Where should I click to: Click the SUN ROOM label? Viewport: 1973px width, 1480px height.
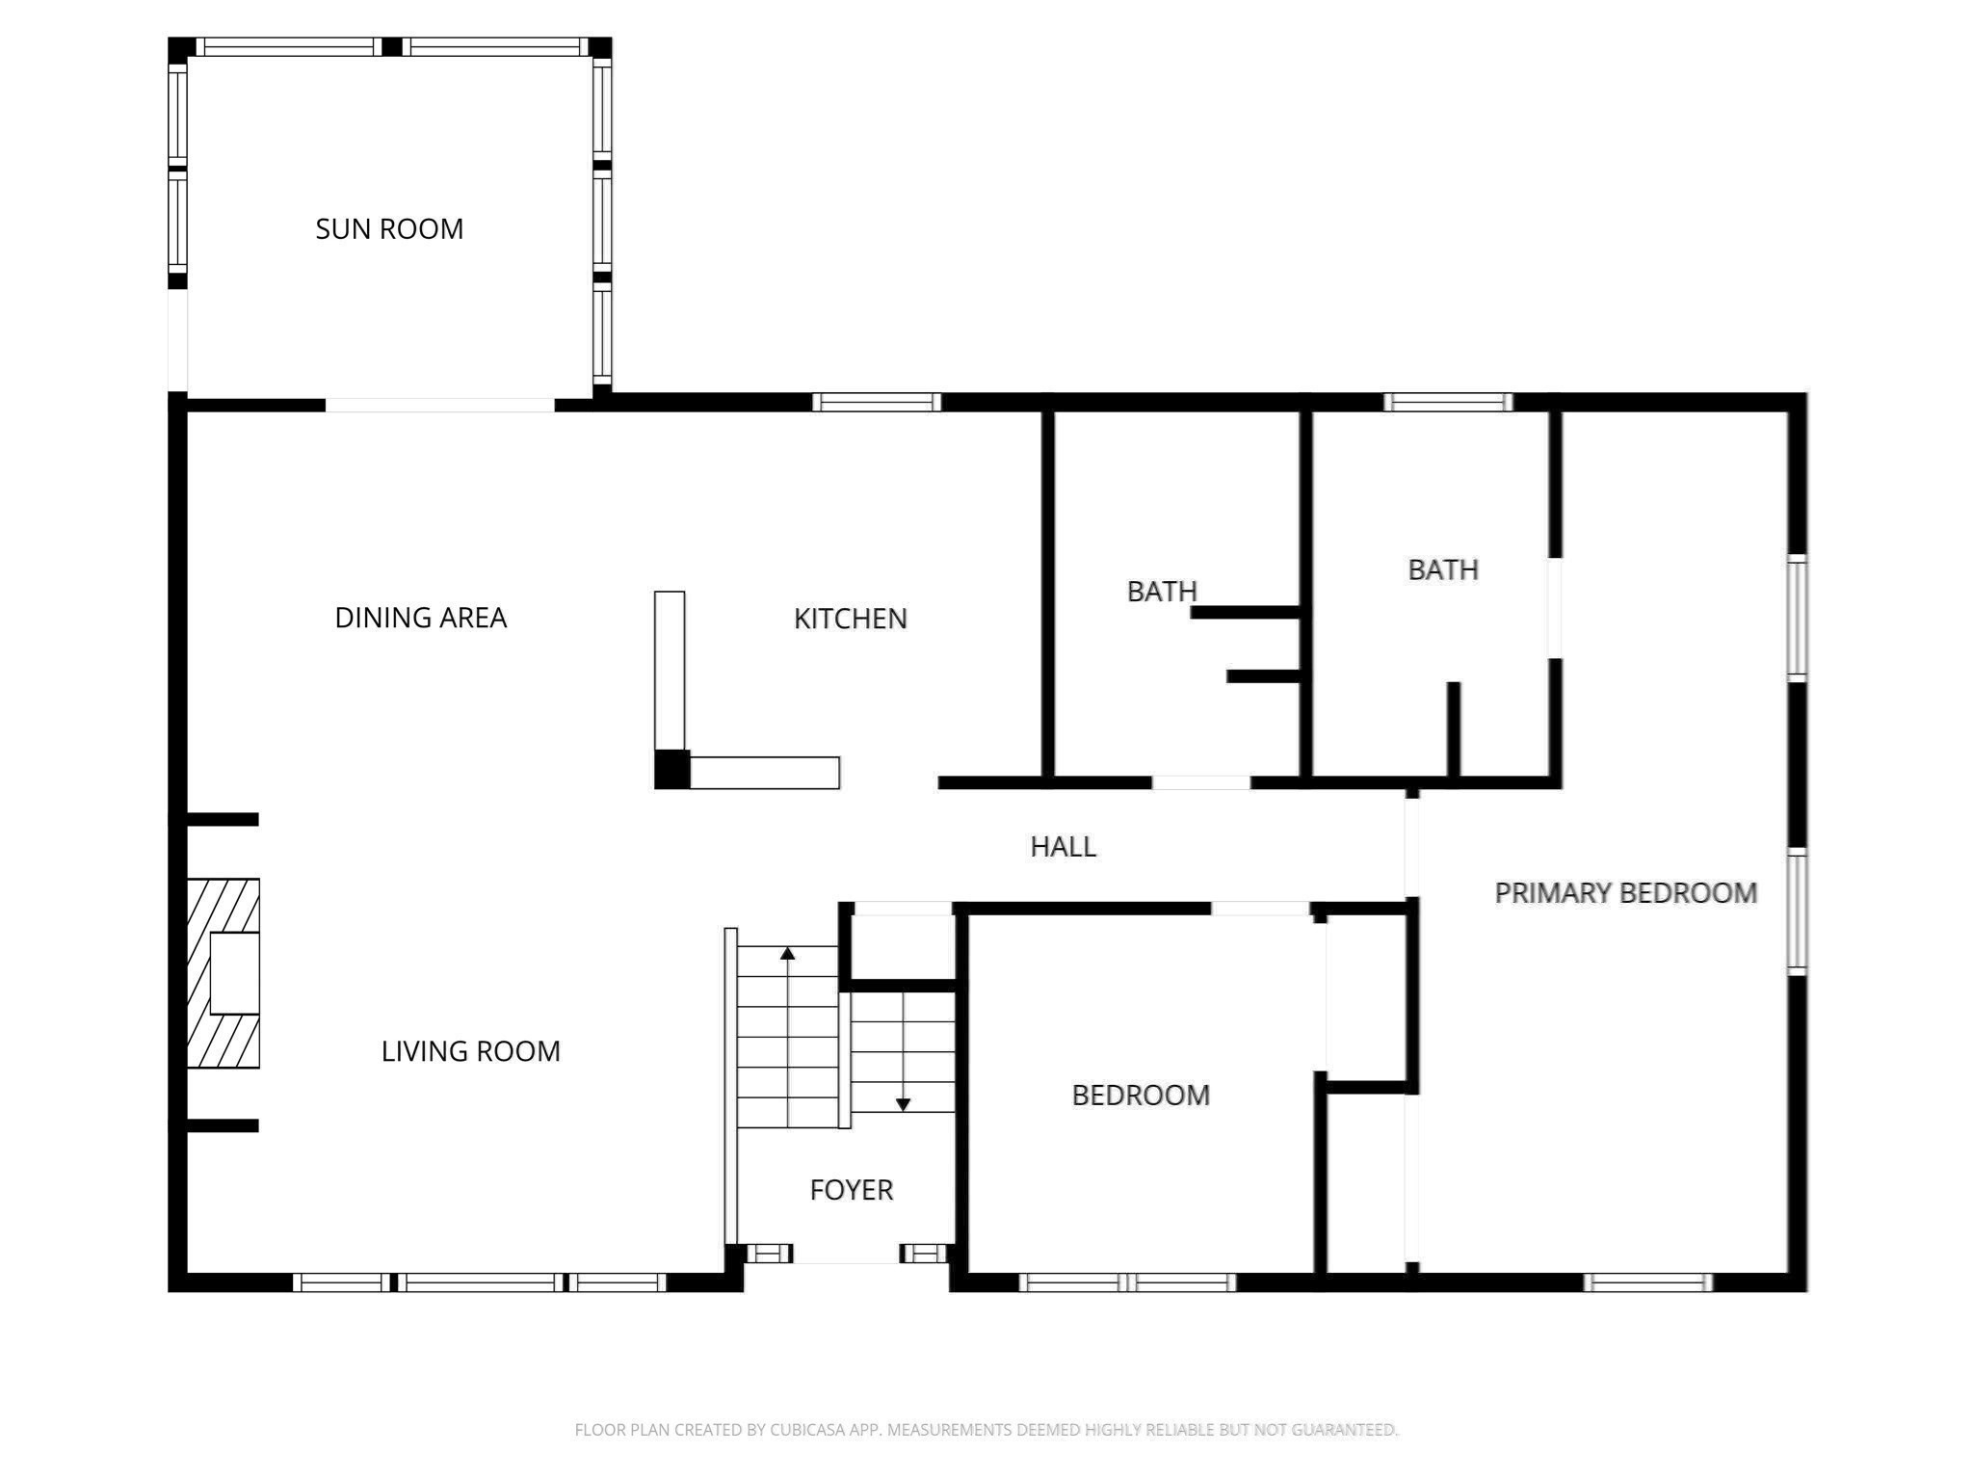(389, 229)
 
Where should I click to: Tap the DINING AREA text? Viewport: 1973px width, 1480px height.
(420, 618)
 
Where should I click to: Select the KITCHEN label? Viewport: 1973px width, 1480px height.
(850, 619)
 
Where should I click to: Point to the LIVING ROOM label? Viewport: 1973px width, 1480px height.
(470, 1051)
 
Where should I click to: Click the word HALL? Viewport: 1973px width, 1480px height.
(1063, 847)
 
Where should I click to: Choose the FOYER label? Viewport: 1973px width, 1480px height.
(851, 1190)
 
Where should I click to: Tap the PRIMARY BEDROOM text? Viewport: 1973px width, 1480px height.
(1625, 893)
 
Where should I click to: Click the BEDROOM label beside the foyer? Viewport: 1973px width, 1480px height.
(1141, 1096)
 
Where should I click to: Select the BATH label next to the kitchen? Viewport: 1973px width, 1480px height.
(1162, 592)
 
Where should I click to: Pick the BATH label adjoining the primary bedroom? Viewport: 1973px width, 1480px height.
(1442, 570)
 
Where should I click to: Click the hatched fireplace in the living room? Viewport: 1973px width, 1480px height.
(224, 973)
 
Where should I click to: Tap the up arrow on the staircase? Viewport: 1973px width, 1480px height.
(787, 954)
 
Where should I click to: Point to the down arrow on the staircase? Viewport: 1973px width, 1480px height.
(903, 1104)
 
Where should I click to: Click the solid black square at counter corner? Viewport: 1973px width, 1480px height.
(672, 769)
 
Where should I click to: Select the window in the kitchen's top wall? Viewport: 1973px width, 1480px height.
(877, 403)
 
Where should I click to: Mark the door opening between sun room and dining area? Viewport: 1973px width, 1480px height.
(439, 406)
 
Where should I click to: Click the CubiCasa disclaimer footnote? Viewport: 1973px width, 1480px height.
(986, 1430)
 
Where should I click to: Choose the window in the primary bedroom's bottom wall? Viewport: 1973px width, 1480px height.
(1648, 1282)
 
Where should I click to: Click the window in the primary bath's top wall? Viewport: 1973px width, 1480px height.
(1448, 403)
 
